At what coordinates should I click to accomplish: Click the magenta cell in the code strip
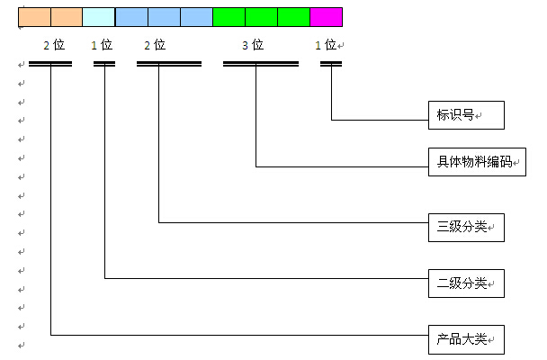tap(326, 17)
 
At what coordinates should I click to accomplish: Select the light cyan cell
tap(99, 17)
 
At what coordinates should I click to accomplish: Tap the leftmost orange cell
tap(34, 17)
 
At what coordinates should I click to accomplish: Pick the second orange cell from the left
tap(67, 17)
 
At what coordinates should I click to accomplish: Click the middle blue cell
tap(164, 17)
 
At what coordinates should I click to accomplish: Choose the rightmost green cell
tap(293, 17)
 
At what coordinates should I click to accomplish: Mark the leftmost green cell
tap(229, 17)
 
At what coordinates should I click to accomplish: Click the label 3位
tap(253, 44)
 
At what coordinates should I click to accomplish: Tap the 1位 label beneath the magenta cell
tap(326, 44)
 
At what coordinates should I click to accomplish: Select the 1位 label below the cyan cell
tap(102, 44)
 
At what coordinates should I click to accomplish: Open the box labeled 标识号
tap(465, 115)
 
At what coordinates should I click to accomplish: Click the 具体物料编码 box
tap(474, 162)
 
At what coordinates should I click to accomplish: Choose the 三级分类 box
tap(465, 227)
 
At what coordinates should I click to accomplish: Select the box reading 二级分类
tap(465, 283)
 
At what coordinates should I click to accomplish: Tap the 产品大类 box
tap(465, 339)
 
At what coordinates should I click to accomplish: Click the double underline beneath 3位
tap(261, 64)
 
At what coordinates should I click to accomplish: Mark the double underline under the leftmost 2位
tap(50, 64)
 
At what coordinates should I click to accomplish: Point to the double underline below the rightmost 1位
tap(331, 64)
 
